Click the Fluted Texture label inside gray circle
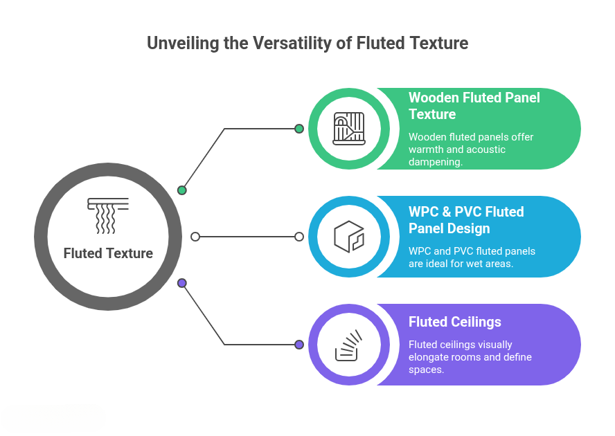(108, 253)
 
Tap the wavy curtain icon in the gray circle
(108, 215)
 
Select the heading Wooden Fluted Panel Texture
(474, 106)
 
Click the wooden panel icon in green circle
(349, 129)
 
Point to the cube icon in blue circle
(349, 237)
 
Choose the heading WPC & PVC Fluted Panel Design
(466, 220)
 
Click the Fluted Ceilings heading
(455, 322)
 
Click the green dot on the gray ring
(182, 190)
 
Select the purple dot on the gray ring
(182, 283)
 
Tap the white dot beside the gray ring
(195, 237)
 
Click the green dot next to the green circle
(299, 129)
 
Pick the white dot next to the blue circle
(299, 237)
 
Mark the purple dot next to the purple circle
(299, 345)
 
